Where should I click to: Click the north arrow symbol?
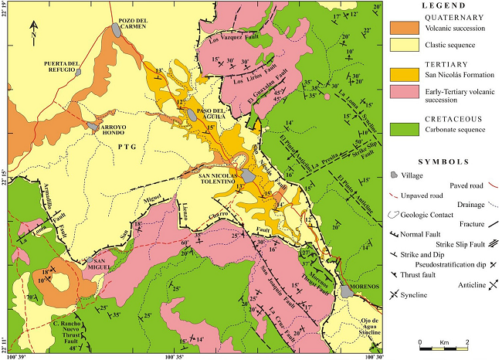[33, 32]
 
